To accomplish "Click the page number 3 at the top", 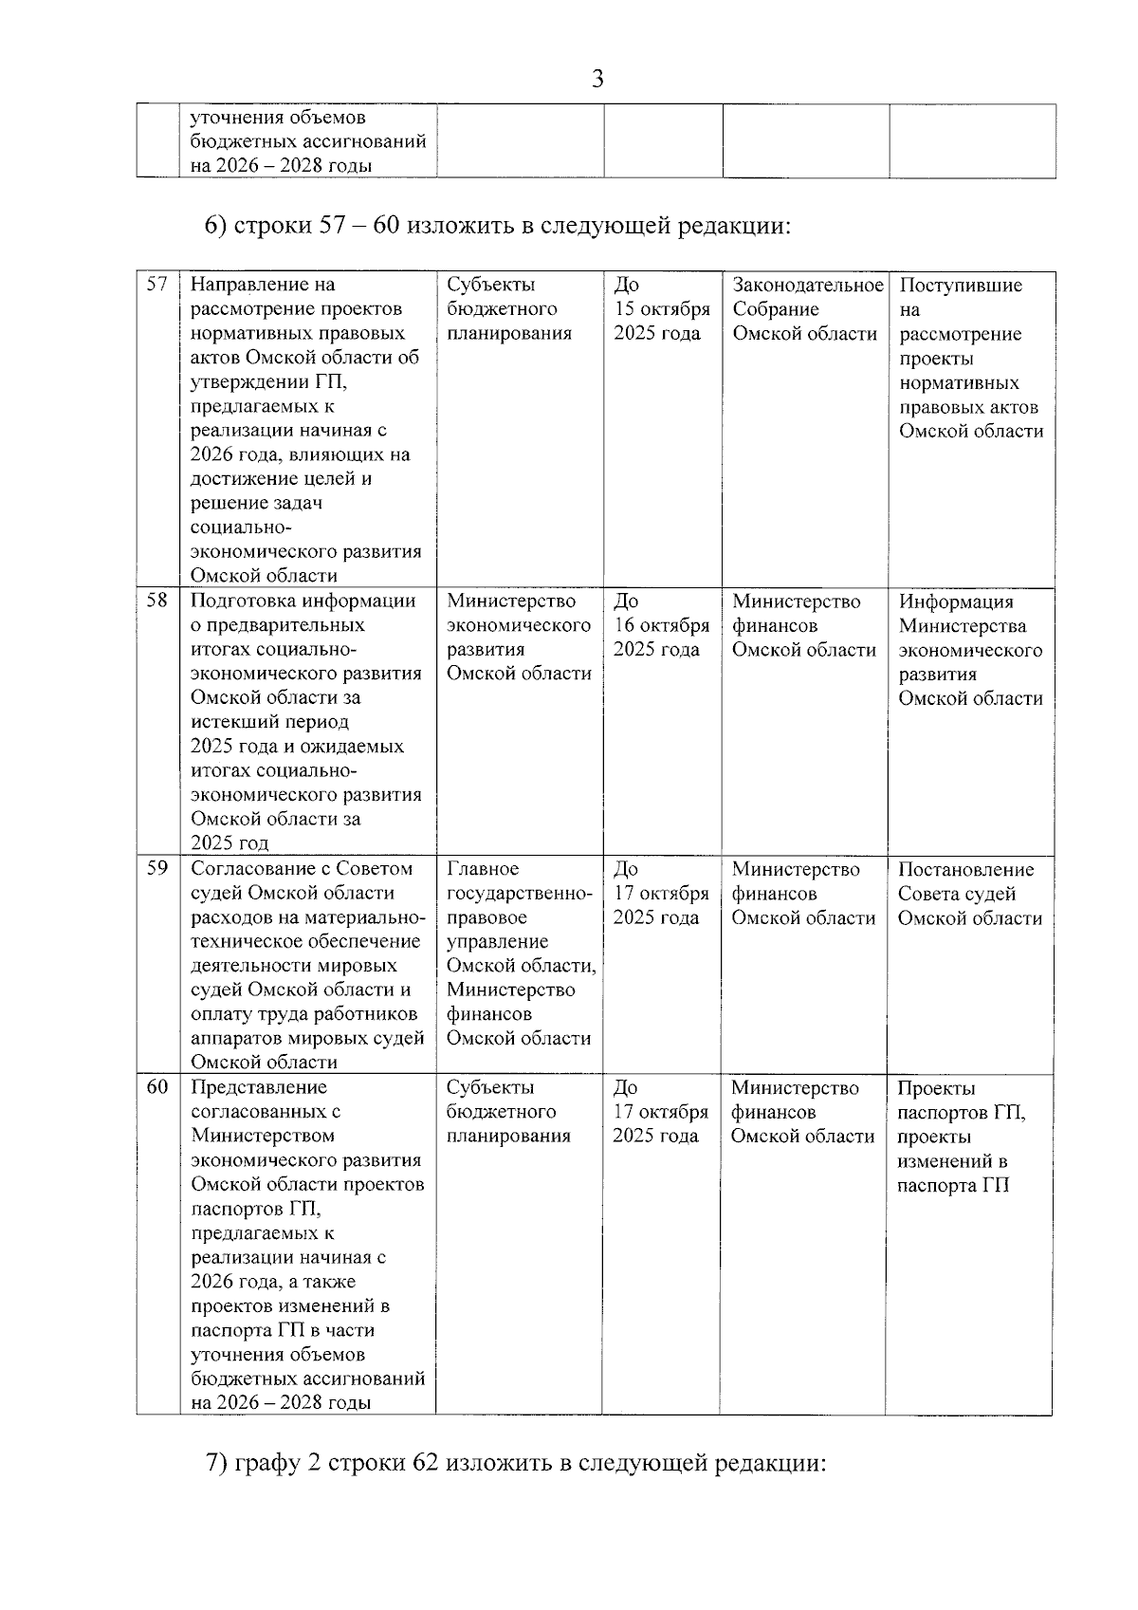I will [x=597, y=79].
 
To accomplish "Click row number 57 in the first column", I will [x=157, y=284].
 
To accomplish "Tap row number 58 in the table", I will [x=157, y=600].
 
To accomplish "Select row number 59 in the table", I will [x=157, y=868].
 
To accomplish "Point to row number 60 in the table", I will [x=157, y=1086].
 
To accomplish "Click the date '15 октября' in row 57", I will [x=662, y=309].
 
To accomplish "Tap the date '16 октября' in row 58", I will [x=662, y=625].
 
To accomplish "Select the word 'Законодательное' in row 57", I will [x=808, y=285].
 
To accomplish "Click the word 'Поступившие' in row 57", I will [x=960, y=285].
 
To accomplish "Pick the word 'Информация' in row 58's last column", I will [x=956, y=601].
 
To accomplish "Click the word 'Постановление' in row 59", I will [x=965, y=869].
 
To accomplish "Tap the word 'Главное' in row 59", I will [x=482, y=869].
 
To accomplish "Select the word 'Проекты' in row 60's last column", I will [x=936, y=1088].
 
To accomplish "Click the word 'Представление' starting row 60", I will [x=258, y=1087].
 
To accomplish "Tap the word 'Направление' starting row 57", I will [x=248, y=285].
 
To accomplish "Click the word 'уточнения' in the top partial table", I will [x=235, y=118].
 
